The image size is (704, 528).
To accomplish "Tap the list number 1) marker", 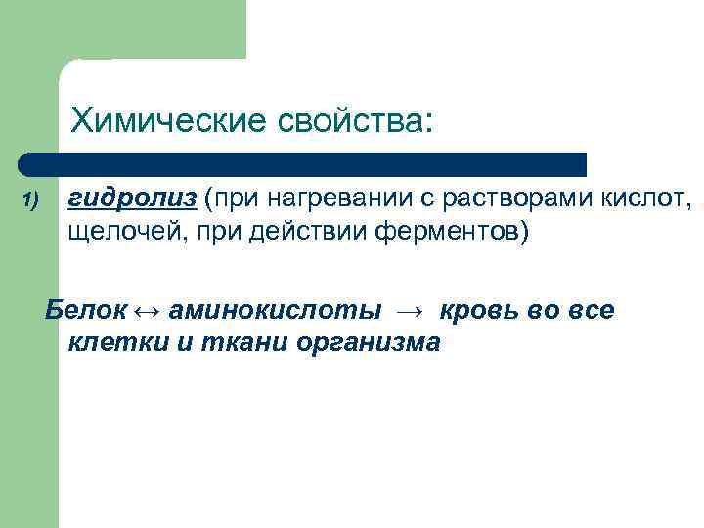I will [x=29, y=200].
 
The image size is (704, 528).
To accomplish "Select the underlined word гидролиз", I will [x=134, y=199].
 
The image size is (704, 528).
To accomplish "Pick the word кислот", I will [x=648, y=199].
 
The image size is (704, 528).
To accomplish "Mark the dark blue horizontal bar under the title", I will [x=303, y=163].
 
